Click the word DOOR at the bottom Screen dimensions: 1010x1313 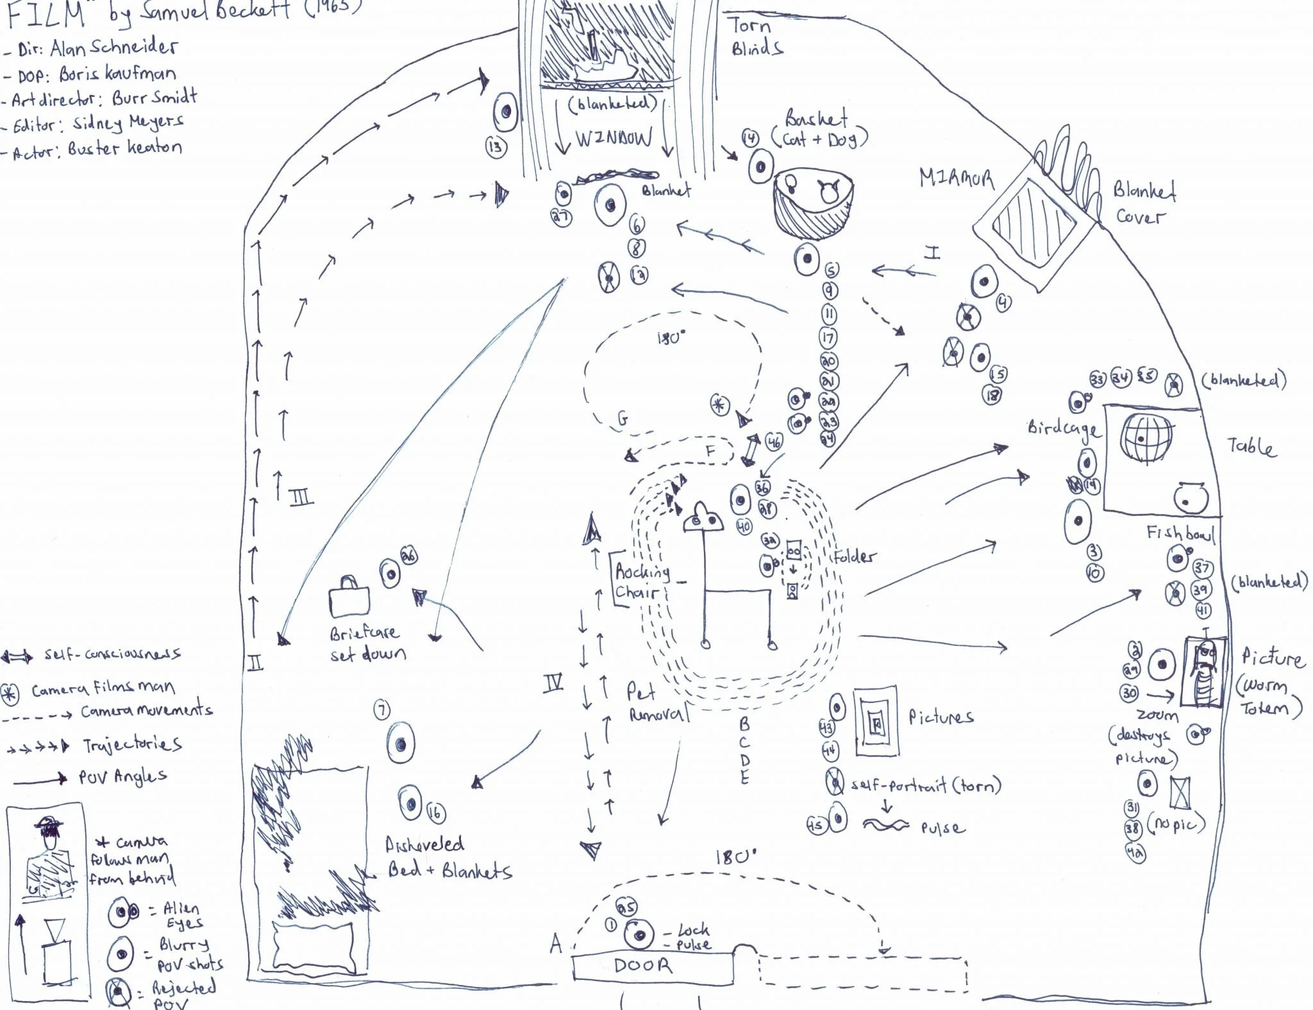643,966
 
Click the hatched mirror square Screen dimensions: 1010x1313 1033,223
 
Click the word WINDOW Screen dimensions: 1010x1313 614,138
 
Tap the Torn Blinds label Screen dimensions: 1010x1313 755,37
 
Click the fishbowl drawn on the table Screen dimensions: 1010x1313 1191,497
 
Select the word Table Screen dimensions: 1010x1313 1251,446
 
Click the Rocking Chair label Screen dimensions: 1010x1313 642,581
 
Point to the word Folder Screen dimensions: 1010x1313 855,556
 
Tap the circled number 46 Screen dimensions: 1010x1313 774,442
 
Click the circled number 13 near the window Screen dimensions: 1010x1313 495,147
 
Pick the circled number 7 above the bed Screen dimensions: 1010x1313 381,709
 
